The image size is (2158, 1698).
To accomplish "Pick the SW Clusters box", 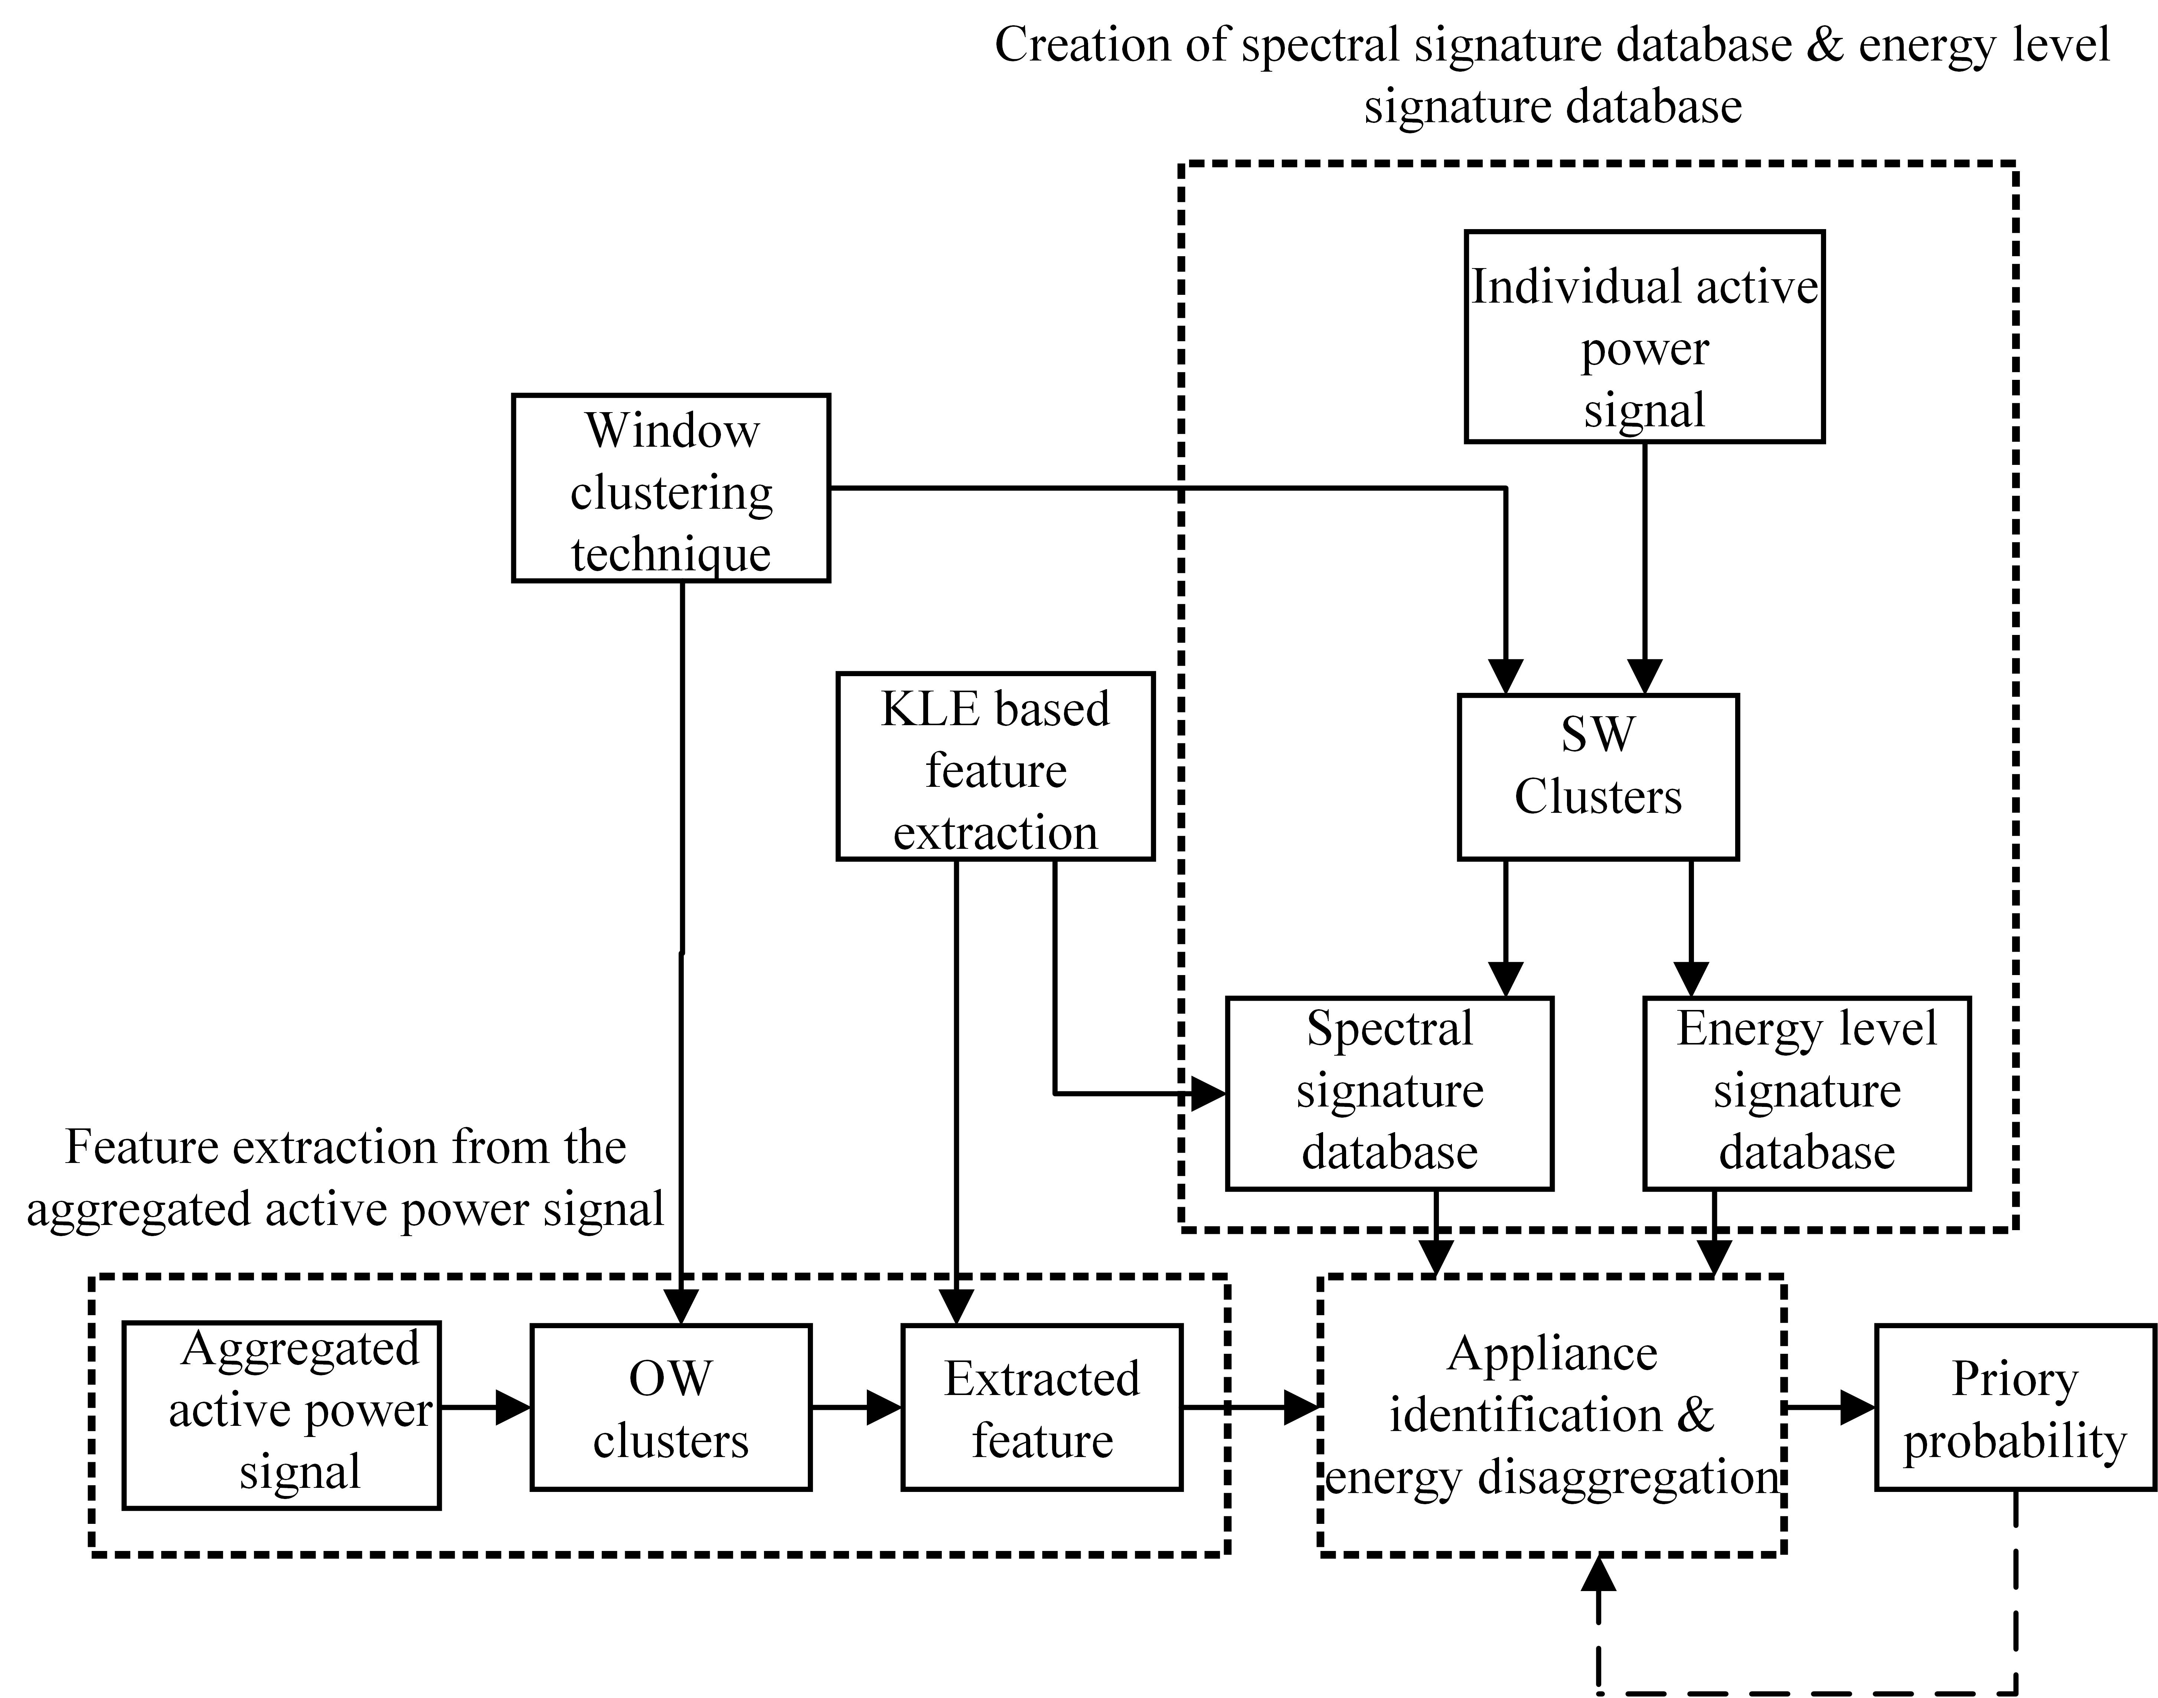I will point(1597,776).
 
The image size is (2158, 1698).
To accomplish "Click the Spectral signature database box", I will point(1389,1092).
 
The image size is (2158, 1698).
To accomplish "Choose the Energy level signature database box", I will point(1806,1092).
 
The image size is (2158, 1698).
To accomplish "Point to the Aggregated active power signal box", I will point(281,1415).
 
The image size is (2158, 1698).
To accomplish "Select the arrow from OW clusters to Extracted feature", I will point(857,1407).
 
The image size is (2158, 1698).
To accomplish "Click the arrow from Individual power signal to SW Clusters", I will point(1644,567).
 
